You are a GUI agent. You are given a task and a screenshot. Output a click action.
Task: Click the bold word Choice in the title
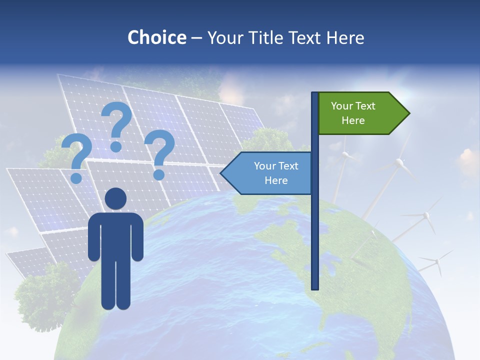pos(156,37)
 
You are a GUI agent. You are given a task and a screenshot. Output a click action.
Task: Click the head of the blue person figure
pos(116,198)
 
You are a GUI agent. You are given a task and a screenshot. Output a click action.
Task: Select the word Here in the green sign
pos(353,120)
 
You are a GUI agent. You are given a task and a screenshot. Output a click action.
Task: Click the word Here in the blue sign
pos(276,180)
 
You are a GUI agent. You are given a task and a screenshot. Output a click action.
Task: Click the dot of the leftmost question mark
pos(76,178)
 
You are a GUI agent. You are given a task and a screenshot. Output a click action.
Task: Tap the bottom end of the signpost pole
pos(315,287)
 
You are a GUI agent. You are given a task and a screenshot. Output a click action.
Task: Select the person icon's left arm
pos(94,237)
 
